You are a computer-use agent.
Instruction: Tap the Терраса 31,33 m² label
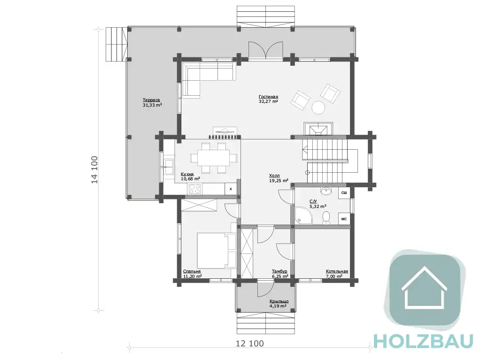click(152, 102)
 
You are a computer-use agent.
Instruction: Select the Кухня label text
click(187, 174)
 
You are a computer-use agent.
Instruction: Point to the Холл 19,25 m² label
click(279, 178)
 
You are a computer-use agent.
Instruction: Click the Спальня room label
click(192, 271)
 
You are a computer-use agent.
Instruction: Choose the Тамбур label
click(279, 271)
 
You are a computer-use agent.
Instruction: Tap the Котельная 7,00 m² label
click(337, 274)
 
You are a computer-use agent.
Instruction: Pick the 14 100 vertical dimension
click(94, 170)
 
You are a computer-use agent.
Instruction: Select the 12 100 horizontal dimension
click(250, 344)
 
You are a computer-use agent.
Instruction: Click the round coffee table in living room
click(318, 107)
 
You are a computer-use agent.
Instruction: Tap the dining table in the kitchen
click(214, 158)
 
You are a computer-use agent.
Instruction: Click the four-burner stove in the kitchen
click(194, 189)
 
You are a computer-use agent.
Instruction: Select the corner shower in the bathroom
click(303, 215)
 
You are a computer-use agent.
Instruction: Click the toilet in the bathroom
click(326, 217)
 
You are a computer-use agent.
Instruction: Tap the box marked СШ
click(344, 193)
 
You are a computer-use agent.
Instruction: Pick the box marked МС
click(344, 219)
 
